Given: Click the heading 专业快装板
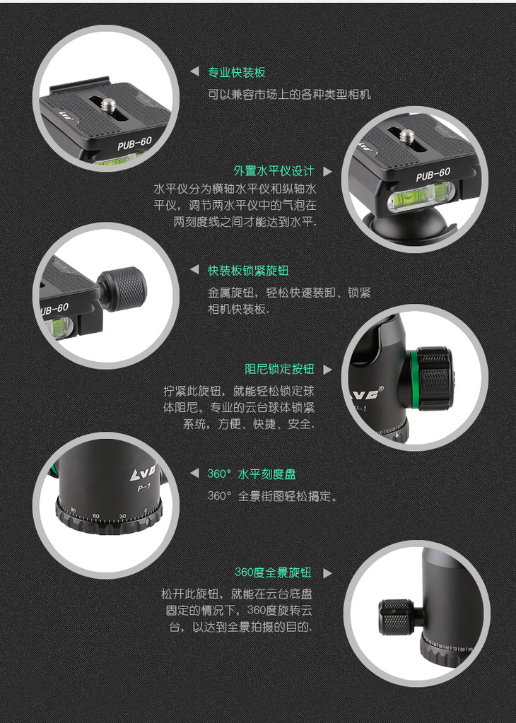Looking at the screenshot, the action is tap(236, 72).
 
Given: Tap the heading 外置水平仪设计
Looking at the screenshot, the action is tap(274, 171).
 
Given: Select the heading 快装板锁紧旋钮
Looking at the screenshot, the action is tap(248, 270).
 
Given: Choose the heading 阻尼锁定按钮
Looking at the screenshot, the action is tap(279, 369).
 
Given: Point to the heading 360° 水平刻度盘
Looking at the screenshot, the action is tap(252, 474).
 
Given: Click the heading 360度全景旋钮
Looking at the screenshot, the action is tap(273, 572).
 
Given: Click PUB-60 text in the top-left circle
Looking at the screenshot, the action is tap(134, 143).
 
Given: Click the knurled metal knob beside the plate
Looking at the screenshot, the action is tap(122, 288).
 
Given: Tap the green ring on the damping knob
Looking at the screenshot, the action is tap(414, 379).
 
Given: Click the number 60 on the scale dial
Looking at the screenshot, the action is tap(96, 516).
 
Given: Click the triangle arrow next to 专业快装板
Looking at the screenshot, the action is tap(194, 71).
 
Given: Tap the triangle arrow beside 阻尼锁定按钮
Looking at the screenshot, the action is tap(327, 370).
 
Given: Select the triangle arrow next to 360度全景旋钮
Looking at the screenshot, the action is tap(327, 573).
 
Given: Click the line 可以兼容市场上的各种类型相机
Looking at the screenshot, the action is tap(289, 95).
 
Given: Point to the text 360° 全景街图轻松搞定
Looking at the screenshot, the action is tap(271, 496).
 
